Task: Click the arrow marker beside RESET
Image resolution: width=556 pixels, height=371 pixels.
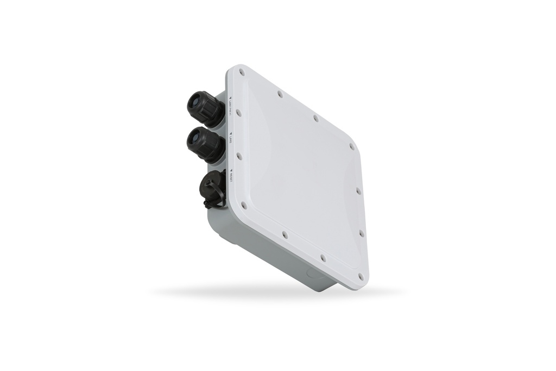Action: tap(230, 169)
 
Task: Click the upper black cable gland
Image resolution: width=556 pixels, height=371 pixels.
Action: tap(204, 108)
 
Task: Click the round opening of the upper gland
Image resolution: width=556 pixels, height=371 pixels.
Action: tap(194, 102)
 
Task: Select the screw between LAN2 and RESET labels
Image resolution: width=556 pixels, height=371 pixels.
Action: tap(239, 156)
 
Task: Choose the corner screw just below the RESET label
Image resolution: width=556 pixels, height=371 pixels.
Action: tap(243, 206)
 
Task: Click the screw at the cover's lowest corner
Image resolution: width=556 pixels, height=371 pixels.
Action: tap(361, 276)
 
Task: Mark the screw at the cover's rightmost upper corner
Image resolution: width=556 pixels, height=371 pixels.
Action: tap(352, 146)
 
